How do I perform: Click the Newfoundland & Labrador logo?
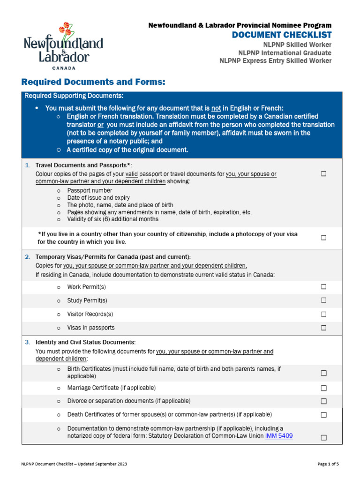coord(63,45)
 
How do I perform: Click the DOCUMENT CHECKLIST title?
coord(282,35)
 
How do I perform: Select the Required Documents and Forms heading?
coord(93,82)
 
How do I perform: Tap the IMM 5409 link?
coord(279,435)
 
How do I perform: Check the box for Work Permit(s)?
coord(323,287)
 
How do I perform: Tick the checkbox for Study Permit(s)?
coord(323,300)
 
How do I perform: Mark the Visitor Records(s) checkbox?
coord(323,314)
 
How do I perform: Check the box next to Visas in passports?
coord(323,328)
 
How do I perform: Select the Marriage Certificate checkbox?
coord(323,388)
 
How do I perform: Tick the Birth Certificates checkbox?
coord(323,373)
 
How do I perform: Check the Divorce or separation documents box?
coord(323,401)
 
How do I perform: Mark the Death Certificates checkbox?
coord(323,415)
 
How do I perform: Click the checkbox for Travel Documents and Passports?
coord(323,174)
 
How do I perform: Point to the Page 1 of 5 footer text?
coord(328,464)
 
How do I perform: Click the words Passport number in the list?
coord(90,191)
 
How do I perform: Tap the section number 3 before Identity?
coord(27,342)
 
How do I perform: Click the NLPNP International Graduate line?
coord(285,52)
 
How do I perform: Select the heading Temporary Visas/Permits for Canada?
coord(113,256)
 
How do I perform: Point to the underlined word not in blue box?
coord(216,108)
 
